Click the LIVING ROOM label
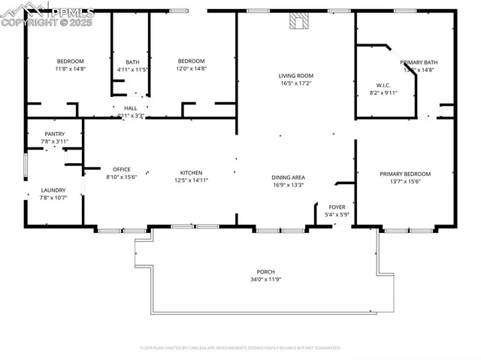click(296, 76)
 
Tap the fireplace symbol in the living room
click(298, 22)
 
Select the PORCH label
click(265, 271)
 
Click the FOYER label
click(337, 207)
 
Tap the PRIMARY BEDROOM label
click(405, 174)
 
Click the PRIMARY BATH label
click(419, 63)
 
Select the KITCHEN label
click(191, 172)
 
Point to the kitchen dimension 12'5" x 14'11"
click(191, 180)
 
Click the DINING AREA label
click(288, 177)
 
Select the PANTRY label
click(54, 134)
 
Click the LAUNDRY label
click(53, 190)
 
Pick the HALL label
click(130, 108)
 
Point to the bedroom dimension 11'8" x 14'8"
click(70, 69)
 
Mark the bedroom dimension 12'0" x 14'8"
click(191, 69)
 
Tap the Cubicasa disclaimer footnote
click(240, 348)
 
